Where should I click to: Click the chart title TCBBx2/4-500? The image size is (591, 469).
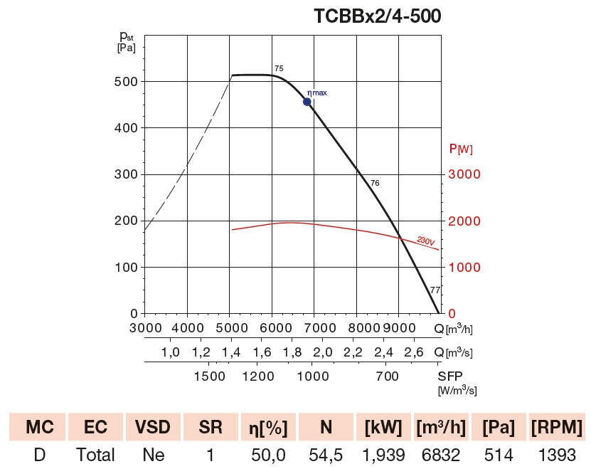point(377,16)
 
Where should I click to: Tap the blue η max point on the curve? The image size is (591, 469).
point(307,102)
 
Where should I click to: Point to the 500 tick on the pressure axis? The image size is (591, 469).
point(126,81)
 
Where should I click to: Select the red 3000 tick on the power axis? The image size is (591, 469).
point(463,174)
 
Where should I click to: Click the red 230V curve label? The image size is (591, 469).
point(425,242)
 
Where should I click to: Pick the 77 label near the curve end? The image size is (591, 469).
point(435,290)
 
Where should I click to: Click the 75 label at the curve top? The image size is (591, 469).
point(279,68)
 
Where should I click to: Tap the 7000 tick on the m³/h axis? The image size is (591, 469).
point(319,328)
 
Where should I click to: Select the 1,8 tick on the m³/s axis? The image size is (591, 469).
point(292,352)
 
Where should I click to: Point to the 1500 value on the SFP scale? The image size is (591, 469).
point(209,376)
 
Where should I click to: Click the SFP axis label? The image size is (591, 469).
point(449,376)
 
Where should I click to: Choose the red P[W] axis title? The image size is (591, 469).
point(461,149)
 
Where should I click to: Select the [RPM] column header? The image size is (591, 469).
point(557,427)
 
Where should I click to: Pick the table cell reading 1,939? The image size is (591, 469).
point(384,455)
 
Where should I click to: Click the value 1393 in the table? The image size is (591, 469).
point(557,455)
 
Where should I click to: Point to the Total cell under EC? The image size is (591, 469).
point(95,455)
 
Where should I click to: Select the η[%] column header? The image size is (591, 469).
point(268,427)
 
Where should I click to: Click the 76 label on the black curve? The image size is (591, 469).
point(375,184)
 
